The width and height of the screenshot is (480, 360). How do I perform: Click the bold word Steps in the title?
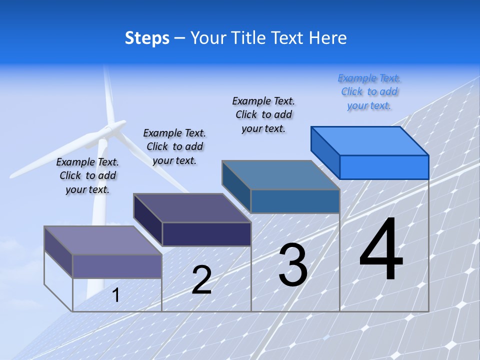coord(147,38)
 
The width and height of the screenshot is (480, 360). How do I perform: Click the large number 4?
coord(381,250)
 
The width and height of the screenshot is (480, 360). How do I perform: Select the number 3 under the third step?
coord(292,265)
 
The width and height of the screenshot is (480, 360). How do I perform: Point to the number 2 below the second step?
coord(201,280)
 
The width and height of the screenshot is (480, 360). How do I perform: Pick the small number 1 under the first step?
coord(115,295)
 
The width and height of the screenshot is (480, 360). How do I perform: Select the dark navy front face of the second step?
coord(206,234)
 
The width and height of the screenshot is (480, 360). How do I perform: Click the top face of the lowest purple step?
coord(103,240)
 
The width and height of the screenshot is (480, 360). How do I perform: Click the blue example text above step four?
coord(369,92)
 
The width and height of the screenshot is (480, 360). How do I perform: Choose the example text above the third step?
coord(263,114)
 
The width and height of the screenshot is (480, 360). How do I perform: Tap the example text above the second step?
coord(174,146)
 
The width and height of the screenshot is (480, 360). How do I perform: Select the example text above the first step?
coord(87,175)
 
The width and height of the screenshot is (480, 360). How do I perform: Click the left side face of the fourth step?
coord(325,152)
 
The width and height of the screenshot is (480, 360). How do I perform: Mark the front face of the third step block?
coord(295,201)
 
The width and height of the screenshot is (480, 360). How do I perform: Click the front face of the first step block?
coord(117,266)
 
